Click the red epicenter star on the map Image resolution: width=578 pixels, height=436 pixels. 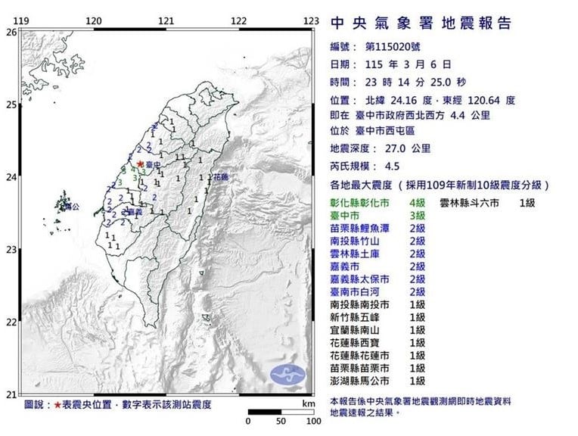140,161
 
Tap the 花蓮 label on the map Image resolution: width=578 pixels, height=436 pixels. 221,177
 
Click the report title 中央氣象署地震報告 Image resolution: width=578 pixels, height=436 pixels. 421,23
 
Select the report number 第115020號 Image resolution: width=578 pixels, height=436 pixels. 400,47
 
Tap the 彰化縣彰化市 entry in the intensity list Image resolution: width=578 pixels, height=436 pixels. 359,204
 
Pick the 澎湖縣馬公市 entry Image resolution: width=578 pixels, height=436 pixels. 359,381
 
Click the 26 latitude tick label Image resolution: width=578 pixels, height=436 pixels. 11,32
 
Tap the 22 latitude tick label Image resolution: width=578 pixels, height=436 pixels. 11,322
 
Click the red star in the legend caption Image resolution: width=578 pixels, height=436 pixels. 57,405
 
